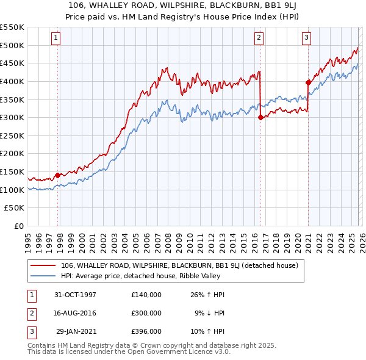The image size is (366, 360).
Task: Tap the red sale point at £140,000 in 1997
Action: pos(58,175)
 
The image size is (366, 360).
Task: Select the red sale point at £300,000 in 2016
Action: pos(260,118)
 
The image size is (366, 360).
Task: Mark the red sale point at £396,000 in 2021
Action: pos(308,82)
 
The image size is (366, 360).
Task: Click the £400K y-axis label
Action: pos(12,81)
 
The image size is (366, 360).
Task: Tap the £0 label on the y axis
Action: pos(18,226)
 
